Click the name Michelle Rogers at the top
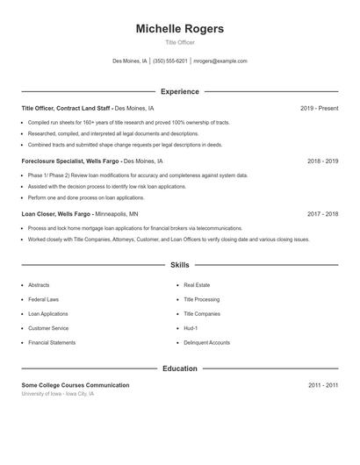[179, 29]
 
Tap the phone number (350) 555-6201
[170, 61]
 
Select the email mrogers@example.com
[220, 61]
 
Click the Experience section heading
[179, 91]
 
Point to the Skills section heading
[179, 264]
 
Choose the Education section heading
[179, 368]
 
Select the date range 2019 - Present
[319, 108]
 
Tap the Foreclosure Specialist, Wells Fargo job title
[70, 161]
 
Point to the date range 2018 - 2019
[322, 161]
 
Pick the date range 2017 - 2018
[322, 213]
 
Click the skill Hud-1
[190, 328]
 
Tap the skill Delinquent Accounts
[206, 342]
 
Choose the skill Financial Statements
[51, 342]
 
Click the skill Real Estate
[197, 285]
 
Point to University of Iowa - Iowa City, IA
[57, 394]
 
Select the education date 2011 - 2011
[322, 385]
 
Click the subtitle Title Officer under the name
[179, 42]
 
